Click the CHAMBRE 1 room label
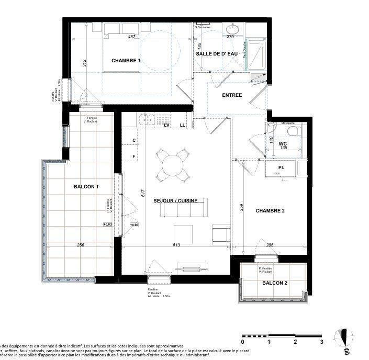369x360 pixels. pyautogui.click(x=126, y=61)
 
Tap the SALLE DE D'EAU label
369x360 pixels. pyautogui.click(x=216, y=54)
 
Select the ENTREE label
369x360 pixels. pyautogui.click(x=232, y=95)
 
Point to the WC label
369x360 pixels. pyautogui.click(x=283, y=143)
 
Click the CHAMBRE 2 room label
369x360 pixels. pyautogui.click(x=270, y=211)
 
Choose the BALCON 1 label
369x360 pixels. pyautogui.click(x=86, y=187)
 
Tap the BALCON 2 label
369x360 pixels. pyautogui.click(x=274, y=284)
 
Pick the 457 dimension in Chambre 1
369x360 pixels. pyautogui.click(x=132, y=37)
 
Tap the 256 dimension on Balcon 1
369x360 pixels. pyautogui.click(x=81, y=245)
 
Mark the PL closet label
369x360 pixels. pyautogui.click(x=281, y=168)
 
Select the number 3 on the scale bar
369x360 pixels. pyautogui.click(x=321, y=342)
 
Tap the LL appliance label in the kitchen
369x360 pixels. pyautogui.click(x=183, y=125)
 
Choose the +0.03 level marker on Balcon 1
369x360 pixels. pyautogui.click(x=108, y=224)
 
